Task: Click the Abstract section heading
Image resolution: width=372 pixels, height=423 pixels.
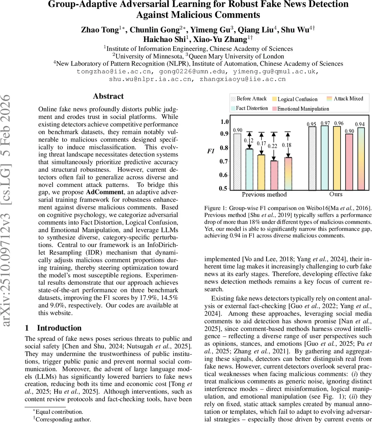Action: [x=108, y=96]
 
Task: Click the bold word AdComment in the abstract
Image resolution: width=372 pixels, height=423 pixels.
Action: [x=102, y=192]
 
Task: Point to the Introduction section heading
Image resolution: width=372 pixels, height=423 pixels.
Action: [x=53, y=328]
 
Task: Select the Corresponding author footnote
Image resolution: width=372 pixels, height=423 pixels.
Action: [x=62, y=419]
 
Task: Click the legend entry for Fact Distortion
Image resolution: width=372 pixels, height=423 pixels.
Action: [x=252, y=108]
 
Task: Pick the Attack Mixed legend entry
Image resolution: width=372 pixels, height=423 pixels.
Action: [x=348, y=99]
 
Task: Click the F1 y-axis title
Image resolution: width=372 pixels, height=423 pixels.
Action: [x=210, y=152]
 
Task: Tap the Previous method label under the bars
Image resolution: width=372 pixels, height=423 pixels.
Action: [x=264, y=194]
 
